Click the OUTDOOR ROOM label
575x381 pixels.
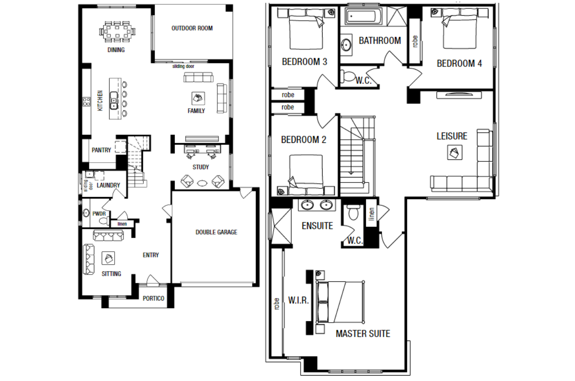pyautogui.click(x=192, y=28)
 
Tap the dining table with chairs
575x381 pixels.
pyautogui.click(x=117, y=31)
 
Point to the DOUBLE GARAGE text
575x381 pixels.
pyautogui.click(x=217, y=232)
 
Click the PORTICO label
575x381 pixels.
pyautogui.click(x=154, y=298)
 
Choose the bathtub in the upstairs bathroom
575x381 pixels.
pyautogui.click(x=363, y=17)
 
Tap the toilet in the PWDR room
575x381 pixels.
pyautogui.click(x=104, y=221)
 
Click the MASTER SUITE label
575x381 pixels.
pyautogui.click(x=363, y=333)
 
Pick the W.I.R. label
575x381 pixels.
pyautogui.click(x=298, y=300)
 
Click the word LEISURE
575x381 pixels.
pyautogui.click(x=452, y=136)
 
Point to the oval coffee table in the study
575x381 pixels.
pyautogui.click(x=203, y=183)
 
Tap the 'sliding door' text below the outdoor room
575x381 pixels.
pyautogui.click(x=183, y=66)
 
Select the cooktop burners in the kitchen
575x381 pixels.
pyautogui.click(x=87, y=102)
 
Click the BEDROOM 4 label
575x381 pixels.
pyautogui.click(x=459, y=63)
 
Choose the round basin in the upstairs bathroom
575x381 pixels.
pyautogui.click(x=346, y=45)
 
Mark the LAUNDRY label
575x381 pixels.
pyautogui.click(x=108, y=185)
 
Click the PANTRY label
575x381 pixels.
pyautogui.click(x=102, y=150)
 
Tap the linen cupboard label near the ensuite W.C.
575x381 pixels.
pyautogui.click(x=372, y=214)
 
